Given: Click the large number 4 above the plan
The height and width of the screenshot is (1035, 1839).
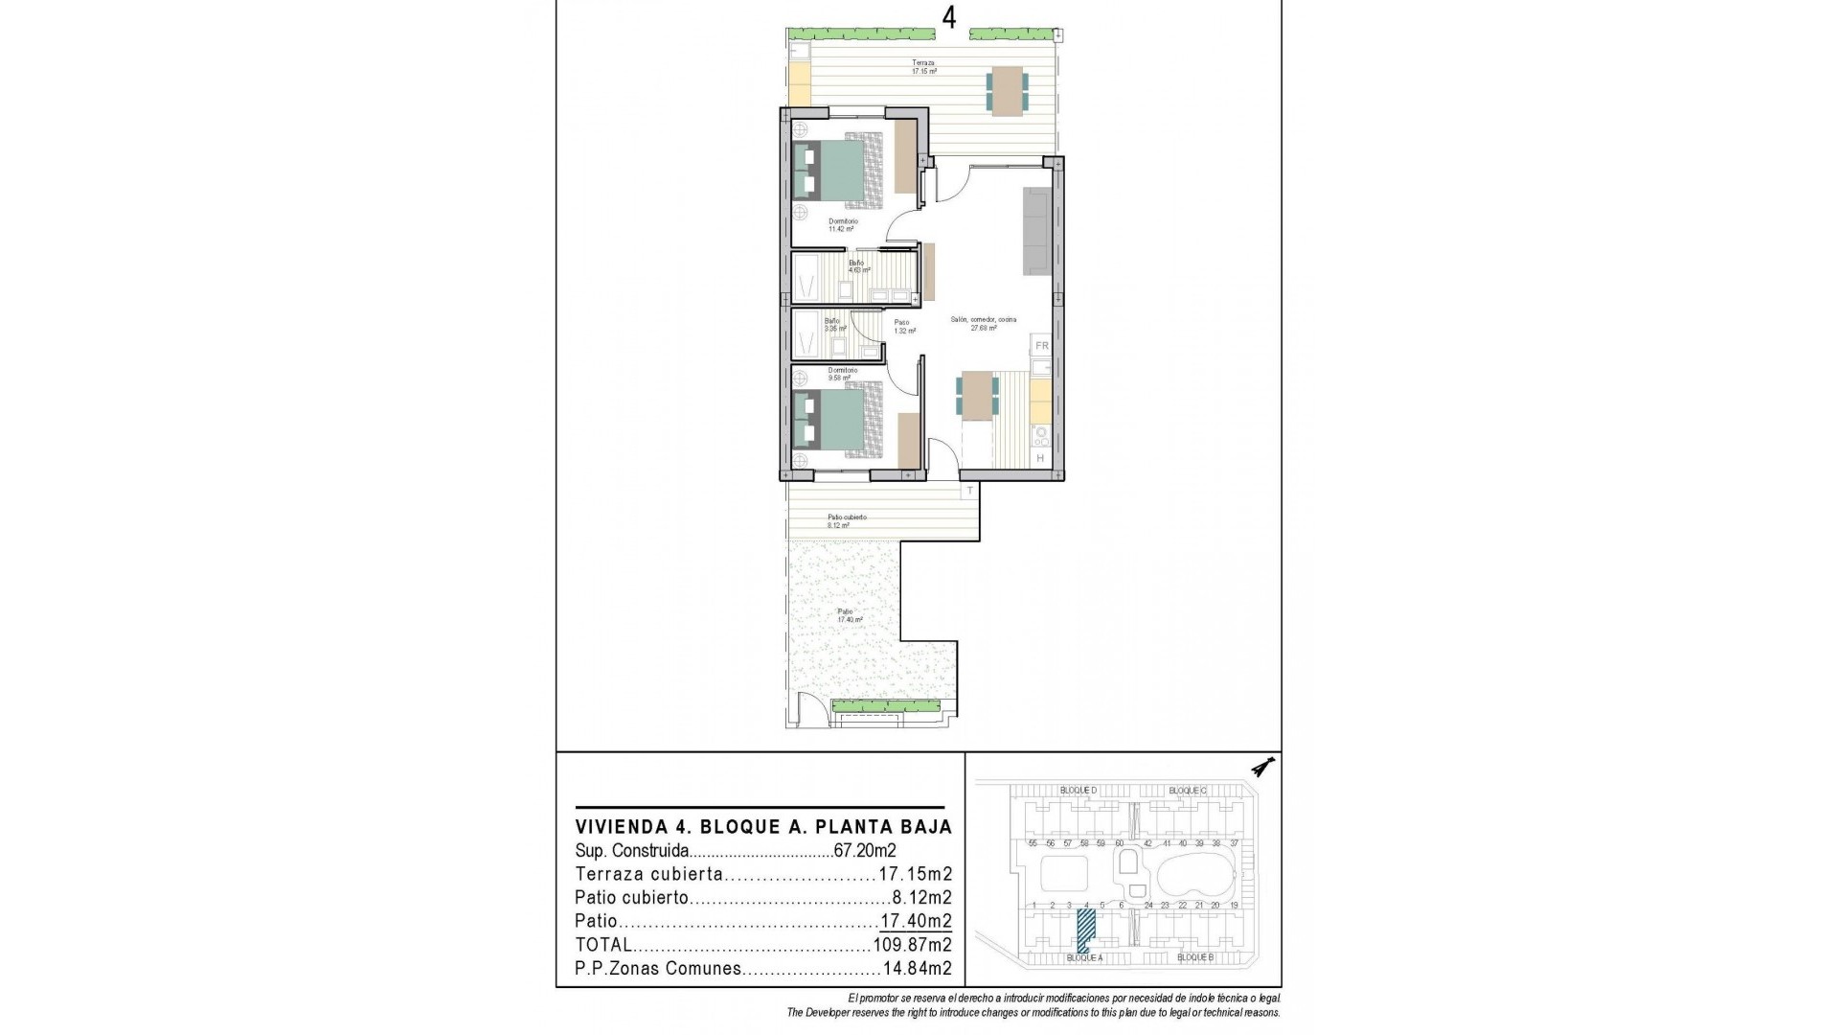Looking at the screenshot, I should coord(948,19).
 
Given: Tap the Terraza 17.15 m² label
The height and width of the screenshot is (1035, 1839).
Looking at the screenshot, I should coord(923,67).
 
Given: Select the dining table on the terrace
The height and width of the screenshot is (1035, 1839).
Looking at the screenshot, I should coord(1007,91).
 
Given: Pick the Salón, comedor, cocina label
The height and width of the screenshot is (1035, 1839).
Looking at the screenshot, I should coord(983,323).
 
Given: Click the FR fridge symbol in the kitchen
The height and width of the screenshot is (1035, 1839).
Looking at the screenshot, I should coord(1042,346).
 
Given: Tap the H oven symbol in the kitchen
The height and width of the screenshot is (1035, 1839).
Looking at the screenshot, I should coord(1040,459).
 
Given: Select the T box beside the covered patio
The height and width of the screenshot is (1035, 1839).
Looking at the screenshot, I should coord(969,492).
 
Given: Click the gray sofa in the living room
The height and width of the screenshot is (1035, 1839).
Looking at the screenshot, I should coord(1037,230).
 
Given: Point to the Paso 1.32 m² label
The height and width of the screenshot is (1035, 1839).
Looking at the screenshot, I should coord(903,327).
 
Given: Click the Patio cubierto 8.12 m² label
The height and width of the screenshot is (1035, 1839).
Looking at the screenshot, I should coord(847,521).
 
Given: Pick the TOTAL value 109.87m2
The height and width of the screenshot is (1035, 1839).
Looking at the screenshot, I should coord(912,945).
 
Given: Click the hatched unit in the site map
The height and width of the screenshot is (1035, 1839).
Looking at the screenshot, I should coord(1086,929).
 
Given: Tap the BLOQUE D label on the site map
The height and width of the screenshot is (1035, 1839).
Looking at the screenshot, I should coord(1078,791).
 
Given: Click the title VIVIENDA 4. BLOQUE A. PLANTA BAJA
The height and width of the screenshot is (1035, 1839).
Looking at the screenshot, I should coord(763,827).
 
